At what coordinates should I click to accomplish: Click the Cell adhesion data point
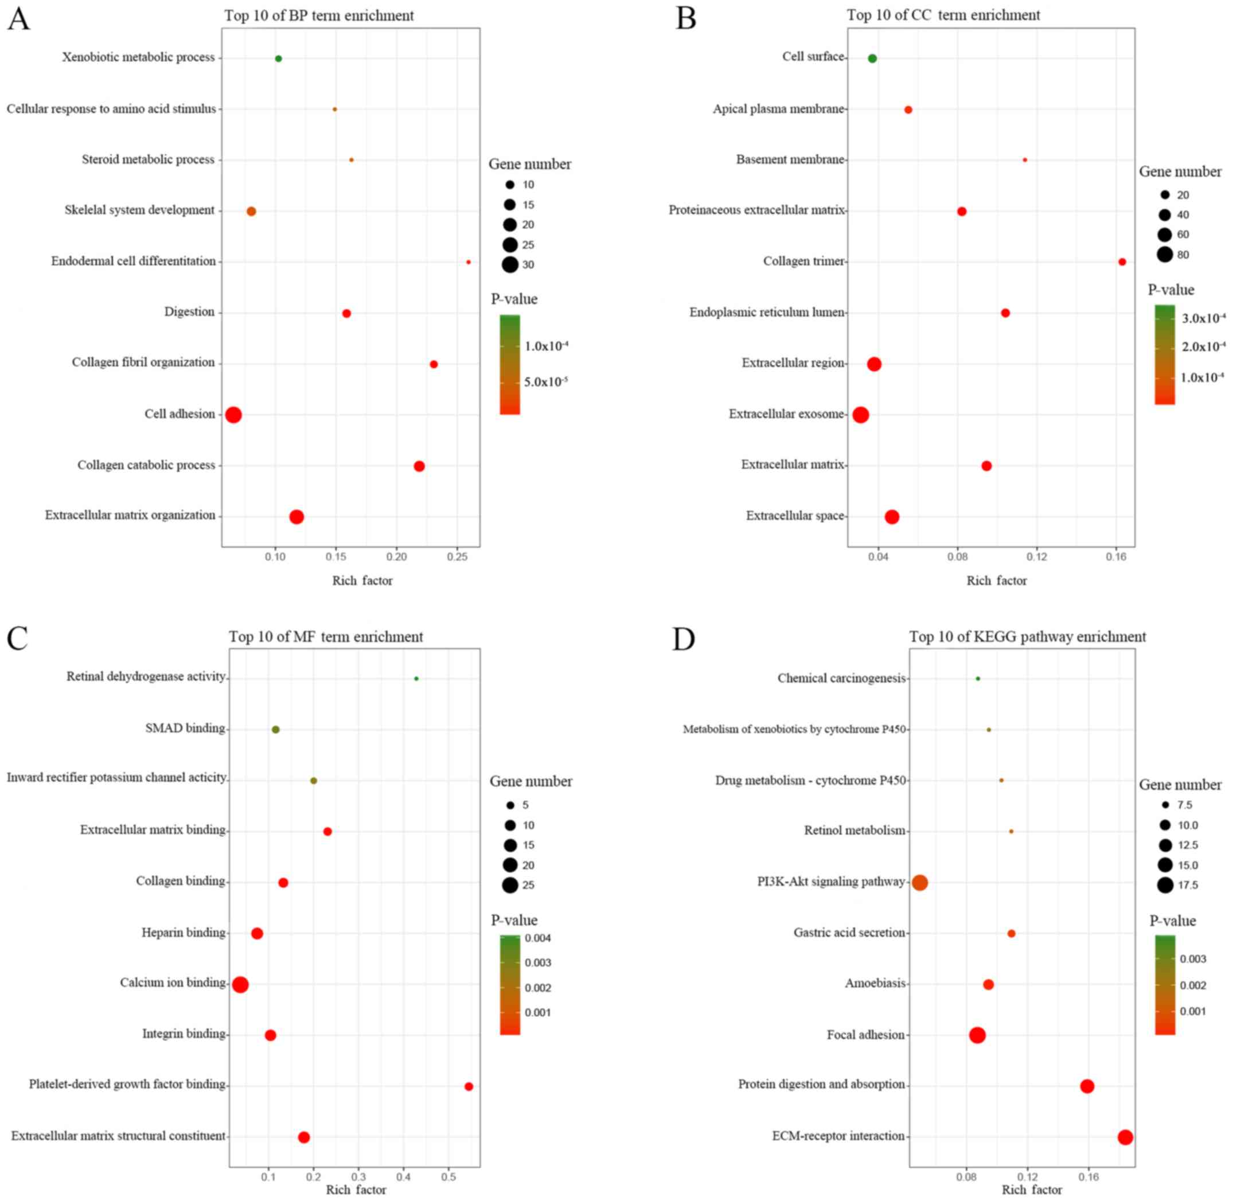point(233,415)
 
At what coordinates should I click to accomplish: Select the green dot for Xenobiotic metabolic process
point(278,59)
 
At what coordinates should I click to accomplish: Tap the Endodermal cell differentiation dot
point(468,262)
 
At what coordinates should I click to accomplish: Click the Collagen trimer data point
point(1122,262)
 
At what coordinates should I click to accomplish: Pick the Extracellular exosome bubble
point(860,415)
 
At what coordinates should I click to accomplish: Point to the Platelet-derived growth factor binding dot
point(469,1086)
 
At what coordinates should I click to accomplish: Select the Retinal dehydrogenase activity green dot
point(416,679)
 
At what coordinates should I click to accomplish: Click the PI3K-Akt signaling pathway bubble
point(919,883)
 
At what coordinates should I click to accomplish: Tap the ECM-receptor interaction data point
point(1125,1137)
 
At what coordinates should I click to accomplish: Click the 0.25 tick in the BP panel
point(457,557)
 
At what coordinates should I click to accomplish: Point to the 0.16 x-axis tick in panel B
point(1117,557)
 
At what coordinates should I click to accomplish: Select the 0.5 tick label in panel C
point(448,1177)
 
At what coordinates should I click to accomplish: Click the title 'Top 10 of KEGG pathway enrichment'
point(1027,637)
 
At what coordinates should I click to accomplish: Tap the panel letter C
point(17,638)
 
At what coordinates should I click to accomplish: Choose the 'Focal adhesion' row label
point(865,1035)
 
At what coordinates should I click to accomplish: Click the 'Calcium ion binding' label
point(173,982)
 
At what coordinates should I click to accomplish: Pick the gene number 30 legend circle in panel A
point(510,265)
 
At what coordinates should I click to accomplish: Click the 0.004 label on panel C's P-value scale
point(538,938)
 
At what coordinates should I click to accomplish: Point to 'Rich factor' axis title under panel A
point(362,581)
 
